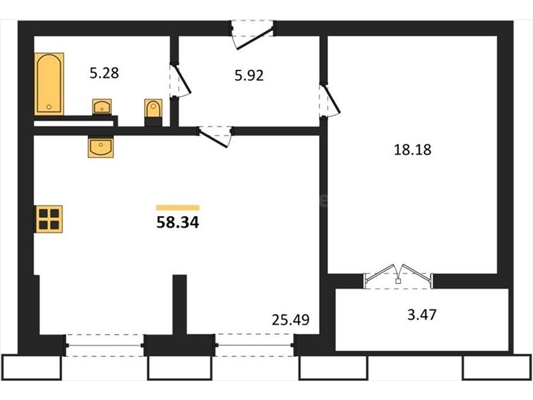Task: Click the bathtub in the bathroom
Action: (x=49, y=84)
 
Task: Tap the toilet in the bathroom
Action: (x=153, y=112)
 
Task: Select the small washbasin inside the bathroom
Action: (x=102, y=107)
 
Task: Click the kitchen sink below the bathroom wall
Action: (x=101, y=147)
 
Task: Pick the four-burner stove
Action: (x=49, y=219)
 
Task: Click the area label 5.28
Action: (x=105, y=73)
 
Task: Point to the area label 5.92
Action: (x=249, y=75)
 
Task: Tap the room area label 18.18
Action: (x=412, y=149)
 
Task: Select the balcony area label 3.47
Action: (x=422, y=315)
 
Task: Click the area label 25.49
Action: (x=290, y=320)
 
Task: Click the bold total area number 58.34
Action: (x=178, y=223)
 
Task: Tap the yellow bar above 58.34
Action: (x=178, y=207)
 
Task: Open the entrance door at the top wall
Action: (x=253, y=35)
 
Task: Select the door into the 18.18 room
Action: (x=330, y=101)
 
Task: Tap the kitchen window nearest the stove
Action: (x=105, y=345)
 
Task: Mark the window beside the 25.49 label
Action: (x=255, y=345)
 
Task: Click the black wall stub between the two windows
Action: (x=179, y=305)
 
